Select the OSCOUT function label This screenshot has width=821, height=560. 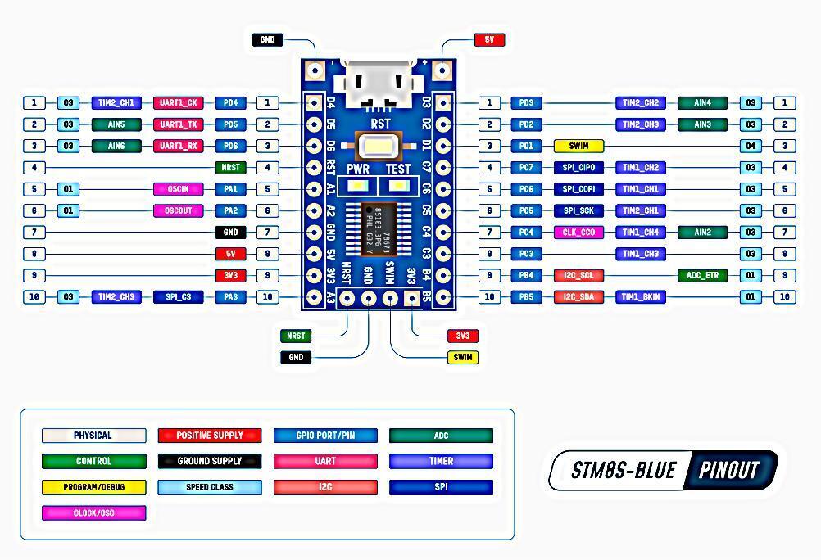[178, 210]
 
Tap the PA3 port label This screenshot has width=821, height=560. [230, 296]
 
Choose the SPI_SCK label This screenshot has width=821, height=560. [578, 210]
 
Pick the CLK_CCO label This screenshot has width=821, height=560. [578, 233]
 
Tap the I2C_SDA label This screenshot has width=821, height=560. [578, 296]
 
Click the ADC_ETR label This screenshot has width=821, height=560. [702, 275]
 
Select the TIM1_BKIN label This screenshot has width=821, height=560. [641, 296]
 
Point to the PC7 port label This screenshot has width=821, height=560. [526, 168]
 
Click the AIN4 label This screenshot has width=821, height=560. [702, 103]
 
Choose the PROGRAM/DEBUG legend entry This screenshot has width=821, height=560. [93, 487]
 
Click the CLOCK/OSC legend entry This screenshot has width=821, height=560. [93, 513]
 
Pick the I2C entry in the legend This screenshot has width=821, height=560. [325, 487]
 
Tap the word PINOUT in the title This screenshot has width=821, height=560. [729, 471]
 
